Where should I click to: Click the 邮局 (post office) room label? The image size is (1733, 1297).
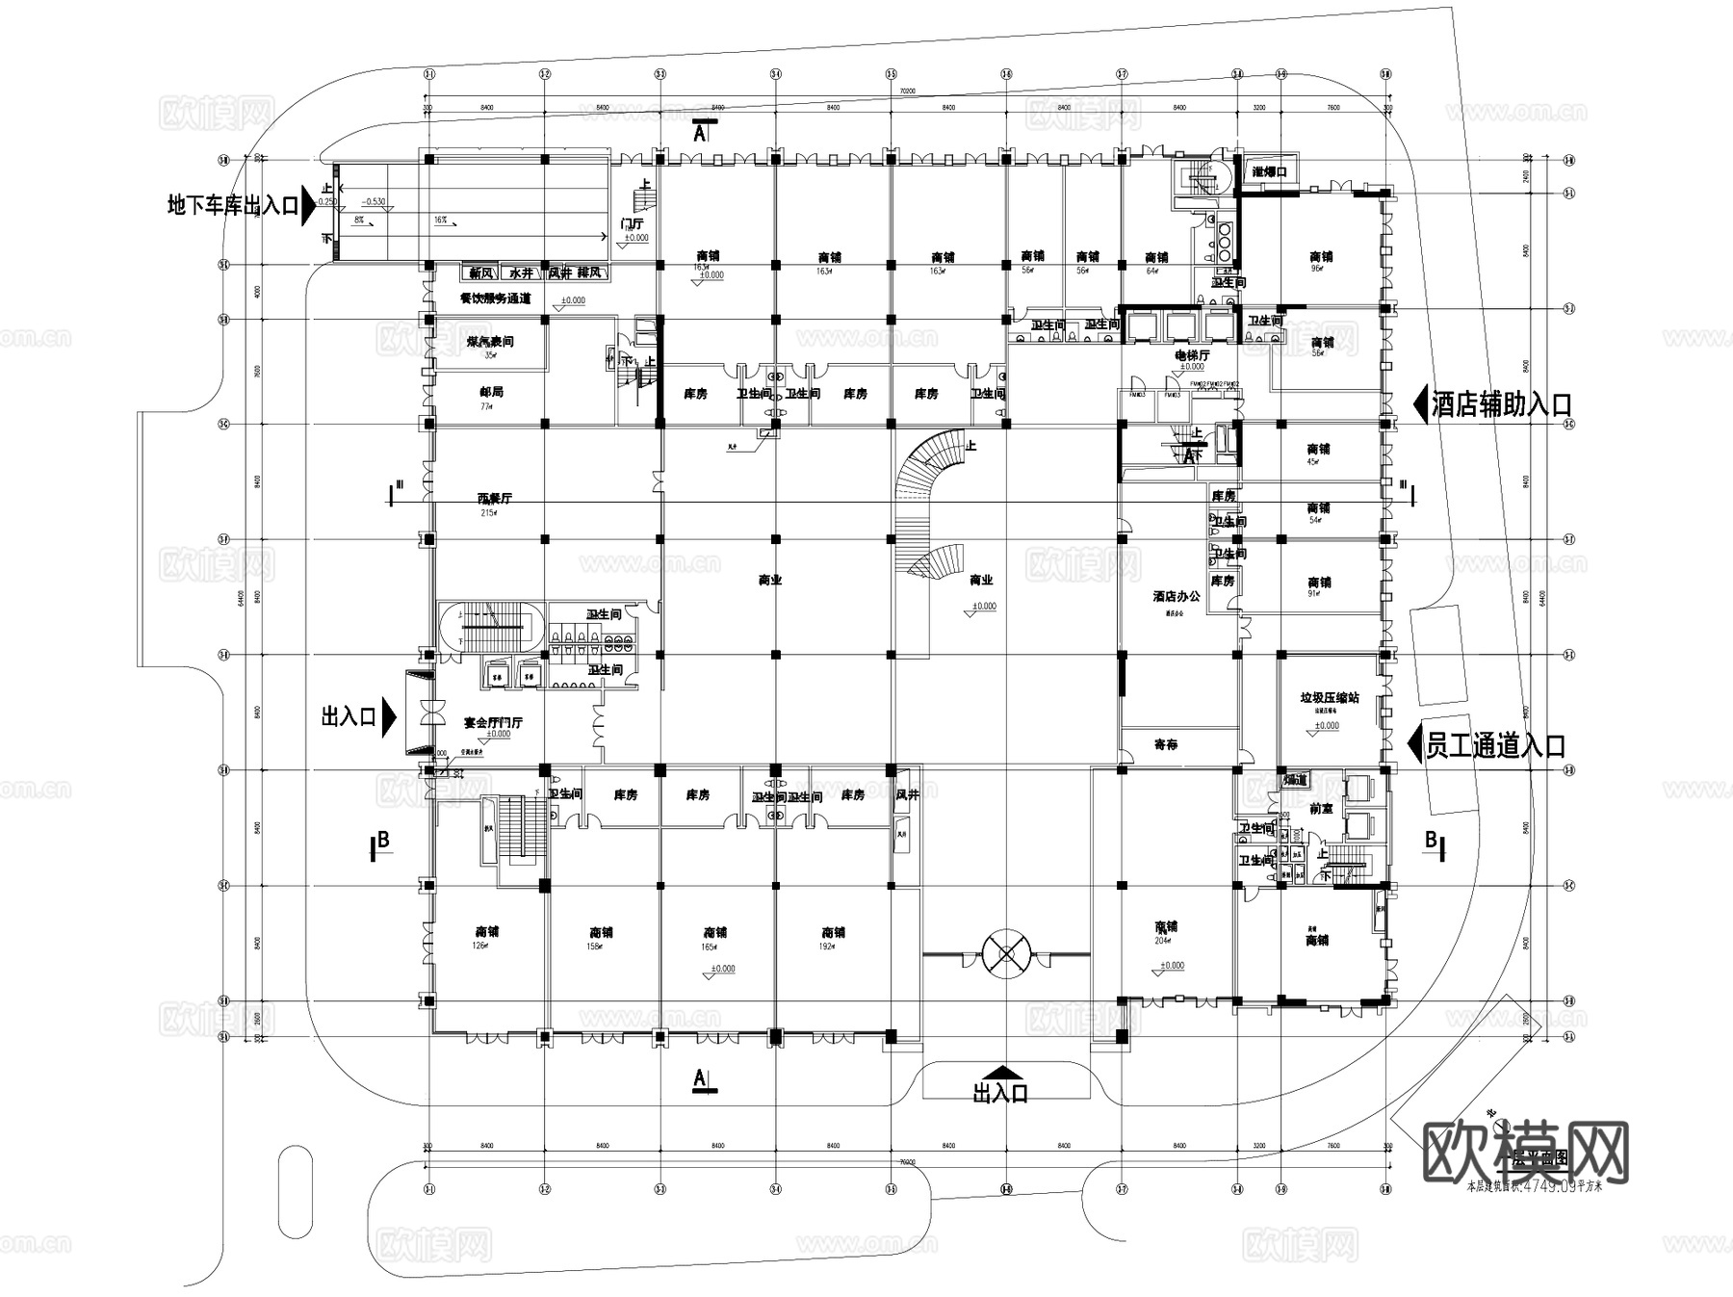[x=491, y=392]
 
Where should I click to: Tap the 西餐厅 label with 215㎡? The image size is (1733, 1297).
[x=495, y=499]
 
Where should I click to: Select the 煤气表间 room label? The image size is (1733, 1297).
[x=491, y=342]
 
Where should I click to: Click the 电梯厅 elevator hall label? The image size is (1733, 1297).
[x=1191, y=355]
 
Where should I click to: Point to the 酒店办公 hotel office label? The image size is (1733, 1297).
[x=1177, y=596]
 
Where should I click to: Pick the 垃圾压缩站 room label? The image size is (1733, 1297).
[x=1330, y=697]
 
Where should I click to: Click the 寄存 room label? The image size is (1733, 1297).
[x=1165, y=744]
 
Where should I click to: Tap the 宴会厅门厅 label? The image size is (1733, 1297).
[x=493, y=722]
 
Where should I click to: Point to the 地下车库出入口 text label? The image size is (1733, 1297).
[x=232, y=205]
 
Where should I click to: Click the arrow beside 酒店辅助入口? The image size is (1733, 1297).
[x=1419, y=404]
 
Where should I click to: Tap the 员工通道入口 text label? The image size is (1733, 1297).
[x=1494, y=745]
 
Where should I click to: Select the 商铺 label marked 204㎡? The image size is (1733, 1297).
[x=1166, y=927]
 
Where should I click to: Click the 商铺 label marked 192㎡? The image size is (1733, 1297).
[x=833, y=932]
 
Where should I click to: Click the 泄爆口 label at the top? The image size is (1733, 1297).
[x=1270, y=171]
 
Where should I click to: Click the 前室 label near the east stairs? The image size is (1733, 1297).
[x=1321, y=809]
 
